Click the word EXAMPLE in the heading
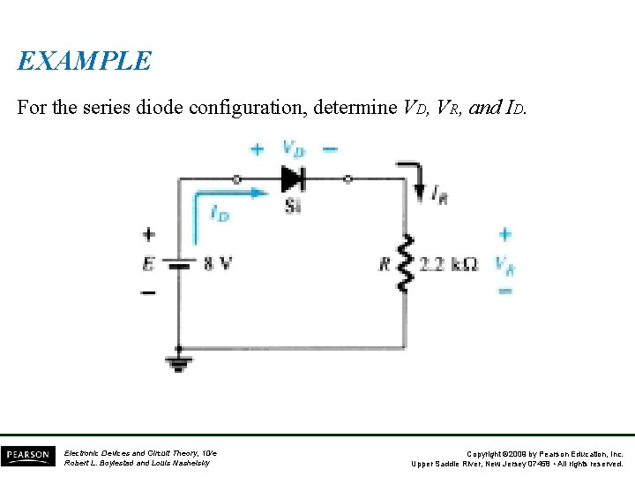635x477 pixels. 85,61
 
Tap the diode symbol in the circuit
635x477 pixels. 292,178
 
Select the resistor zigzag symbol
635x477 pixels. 406,263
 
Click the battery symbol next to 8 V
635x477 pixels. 180,263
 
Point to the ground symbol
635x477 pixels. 180,360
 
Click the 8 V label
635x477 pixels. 219,263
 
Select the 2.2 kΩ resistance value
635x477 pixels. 450,263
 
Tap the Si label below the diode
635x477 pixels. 293,206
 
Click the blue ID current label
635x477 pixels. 219,212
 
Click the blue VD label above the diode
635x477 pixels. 294,148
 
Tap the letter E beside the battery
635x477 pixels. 148,263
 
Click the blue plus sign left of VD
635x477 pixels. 257,148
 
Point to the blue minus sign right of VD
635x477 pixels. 329,148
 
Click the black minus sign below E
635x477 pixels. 148,291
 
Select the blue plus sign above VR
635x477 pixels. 504,234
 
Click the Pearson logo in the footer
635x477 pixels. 27,456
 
